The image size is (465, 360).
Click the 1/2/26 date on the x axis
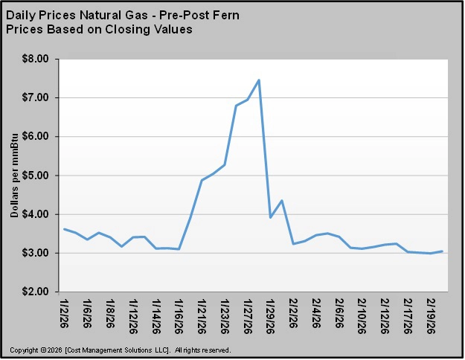pyautogui.click(x=65, y=312)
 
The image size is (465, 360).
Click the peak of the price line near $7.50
pyautogui.click(x=259, y=80)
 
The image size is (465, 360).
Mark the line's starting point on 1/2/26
pyautogui.click(x=65, y=229)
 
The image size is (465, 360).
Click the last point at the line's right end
pyautogui.click(x=443, y=251)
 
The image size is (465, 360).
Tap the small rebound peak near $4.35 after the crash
pyautogui.click(x=282, y=200)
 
